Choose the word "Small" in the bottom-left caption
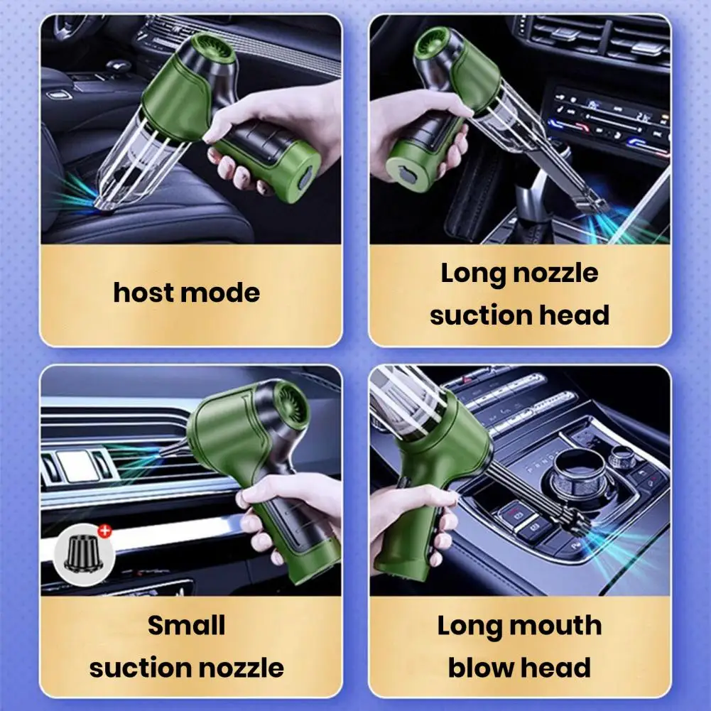pyautogui.click(x=186, y=626)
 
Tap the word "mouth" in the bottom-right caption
pyautogui.click(x=557, y=626)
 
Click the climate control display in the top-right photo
pyautogui.click(x=611, y=117)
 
